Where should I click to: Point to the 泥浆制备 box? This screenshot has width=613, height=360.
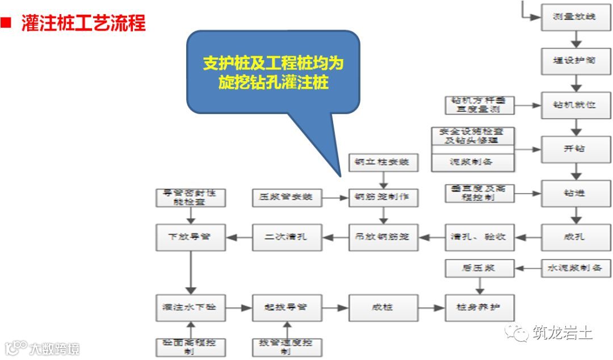tap(473, 162)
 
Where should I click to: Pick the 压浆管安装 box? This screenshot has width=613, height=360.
tap(287, 198)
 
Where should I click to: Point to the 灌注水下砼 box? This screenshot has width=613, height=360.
tap(190, 307)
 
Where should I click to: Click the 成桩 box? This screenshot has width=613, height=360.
tap(383, 307)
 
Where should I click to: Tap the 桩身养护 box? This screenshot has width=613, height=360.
tap(480, 307)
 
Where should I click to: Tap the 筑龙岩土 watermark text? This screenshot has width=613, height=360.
tap(562, 332)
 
